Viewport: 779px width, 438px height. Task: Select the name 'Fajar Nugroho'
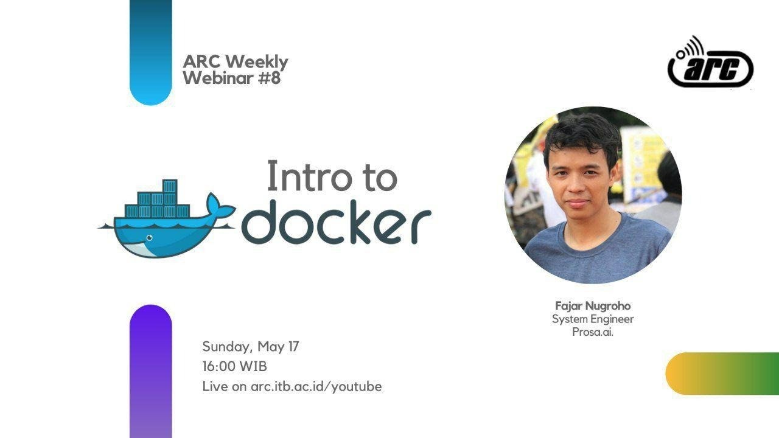(592, 305)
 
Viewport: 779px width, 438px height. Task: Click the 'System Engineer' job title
(592, 319)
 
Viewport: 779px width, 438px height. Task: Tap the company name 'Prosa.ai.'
(592, 332)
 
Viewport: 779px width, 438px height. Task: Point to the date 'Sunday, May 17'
(250, 347)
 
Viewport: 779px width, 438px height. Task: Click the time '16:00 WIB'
(234, 366)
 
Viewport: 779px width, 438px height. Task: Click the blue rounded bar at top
(150, 52)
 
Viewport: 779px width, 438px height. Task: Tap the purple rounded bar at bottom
(150, 371)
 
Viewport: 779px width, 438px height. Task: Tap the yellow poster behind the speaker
(641, 158)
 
